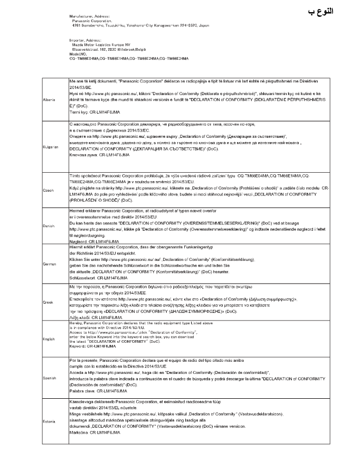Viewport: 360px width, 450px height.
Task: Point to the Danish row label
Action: [48, 226]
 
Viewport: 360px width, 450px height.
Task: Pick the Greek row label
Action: [48, 302]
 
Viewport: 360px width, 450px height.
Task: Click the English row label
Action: [49, 339]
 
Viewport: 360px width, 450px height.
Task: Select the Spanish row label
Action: [49, 378]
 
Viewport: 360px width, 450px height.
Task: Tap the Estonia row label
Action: [49, 420]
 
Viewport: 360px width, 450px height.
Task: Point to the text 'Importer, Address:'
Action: [83, 40]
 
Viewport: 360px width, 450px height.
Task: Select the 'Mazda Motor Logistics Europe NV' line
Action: [100, 44]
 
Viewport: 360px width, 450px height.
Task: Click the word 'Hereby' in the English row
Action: [75, 323]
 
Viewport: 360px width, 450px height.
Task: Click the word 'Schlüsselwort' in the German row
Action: [81, 277]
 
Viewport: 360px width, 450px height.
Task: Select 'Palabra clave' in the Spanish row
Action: [81, 392]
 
